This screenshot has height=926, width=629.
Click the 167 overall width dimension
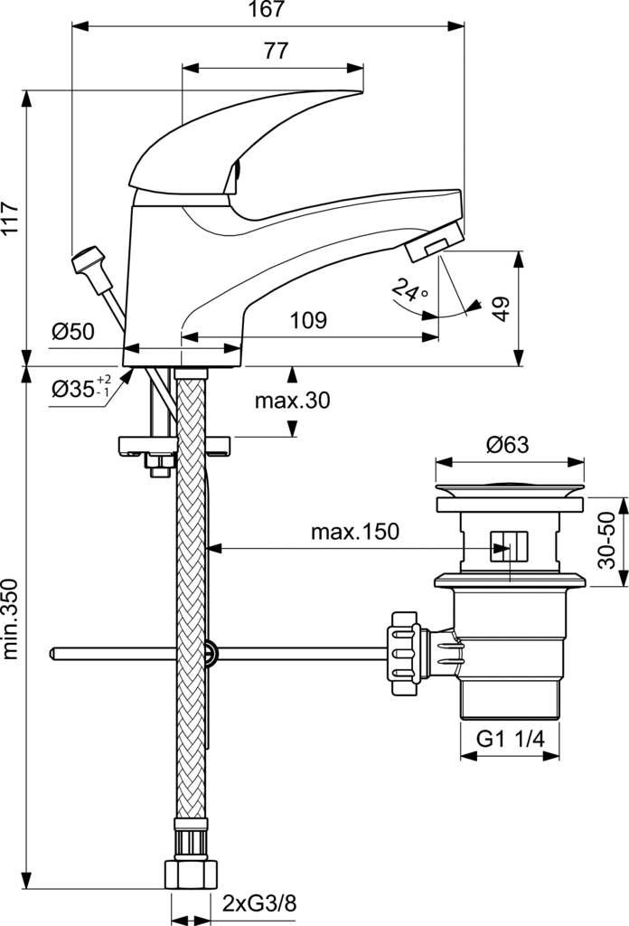pos(268,9)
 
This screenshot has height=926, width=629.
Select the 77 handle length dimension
pos(276,51)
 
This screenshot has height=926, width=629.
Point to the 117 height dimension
pos(10,219)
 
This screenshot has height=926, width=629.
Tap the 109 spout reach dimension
pos(308,320)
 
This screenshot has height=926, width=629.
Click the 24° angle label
pos(410,290)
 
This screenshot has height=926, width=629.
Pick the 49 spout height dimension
pos(501,309)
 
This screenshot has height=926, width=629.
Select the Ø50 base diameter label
pos(72,331)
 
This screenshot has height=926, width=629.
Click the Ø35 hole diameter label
pos(80,387)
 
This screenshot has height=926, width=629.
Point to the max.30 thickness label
pos(292,401)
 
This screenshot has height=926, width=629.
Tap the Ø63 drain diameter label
pos(508,444)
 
